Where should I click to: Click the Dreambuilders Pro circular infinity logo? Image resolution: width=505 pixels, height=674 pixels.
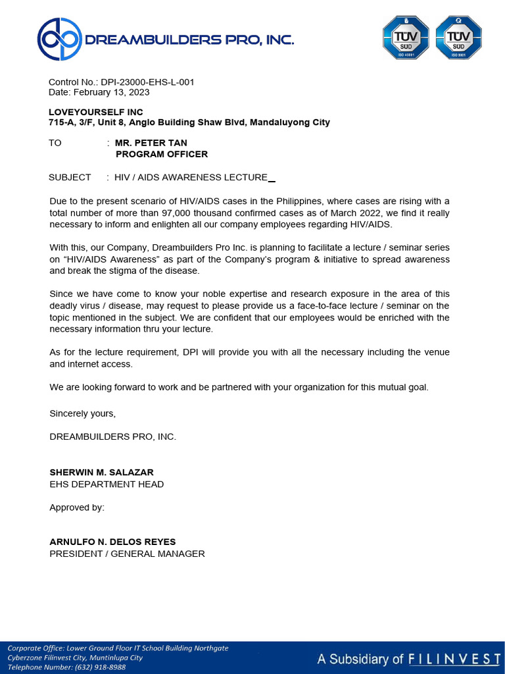(59, 39)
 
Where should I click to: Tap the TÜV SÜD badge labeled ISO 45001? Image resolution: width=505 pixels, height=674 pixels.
(406, 38)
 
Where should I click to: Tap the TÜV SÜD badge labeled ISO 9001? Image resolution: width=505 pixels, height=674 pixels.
(459, 38)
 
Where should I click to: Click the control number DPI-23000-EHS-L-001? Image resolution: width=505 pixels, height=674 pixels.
(147, 82)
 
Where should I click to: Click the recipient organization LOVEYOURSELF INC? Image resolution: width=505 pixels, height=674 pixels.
(96, 112)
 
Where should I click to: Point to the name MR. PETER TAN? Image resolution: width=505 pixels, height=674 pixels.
(151, 143)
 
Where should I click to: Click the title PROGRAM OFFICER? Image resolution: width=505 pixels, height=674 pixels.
(161, 154)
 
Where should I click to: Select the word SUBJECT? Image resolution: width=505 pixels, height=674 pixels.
(70, 177)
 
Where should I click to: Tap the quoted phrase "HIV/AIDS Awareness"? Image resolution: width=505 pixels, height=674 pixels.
(104, 259)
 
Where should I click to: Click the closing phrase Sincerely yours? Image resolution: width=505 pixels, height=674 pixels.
(82, 413)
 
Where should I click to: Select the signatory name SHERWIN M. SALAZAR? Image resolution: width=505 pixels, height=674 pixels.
(101, 473)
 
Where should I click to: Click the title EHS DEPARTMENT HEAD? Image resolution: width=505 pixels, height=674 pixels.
(107, 484)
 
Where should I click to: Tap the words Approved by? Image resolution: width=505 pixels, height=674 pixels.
(77, 507)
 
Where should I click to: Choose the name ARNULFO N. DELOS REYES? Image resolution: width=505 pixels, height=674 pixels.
(112, 542)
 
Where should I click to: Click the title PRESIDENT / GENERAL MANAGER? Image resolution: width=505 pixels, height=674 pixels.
(127, 554)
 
